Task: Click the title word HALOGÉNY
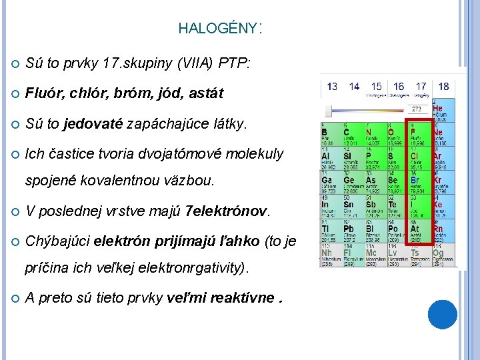[217, 29]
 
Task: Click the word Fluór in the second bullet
[41, 93]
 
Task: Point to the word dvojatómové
[175, 154]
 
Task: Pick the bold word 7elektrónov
[227, 212]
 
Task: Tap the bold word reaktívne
[243, 298]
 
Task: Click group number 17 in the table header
[421, 87]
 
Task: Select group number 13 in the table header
[331, 87]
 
